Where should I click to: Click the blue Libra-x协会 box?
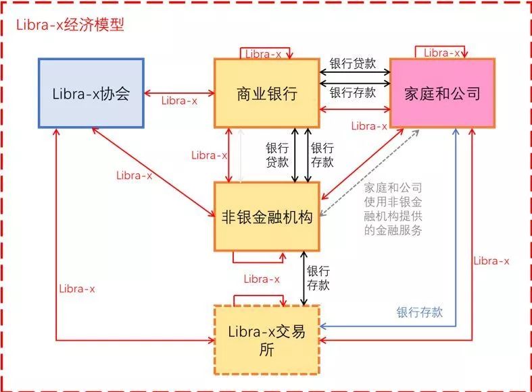pyautogui.click(x=91, y=93)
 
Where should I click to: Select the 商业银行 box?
pyautogui.click(x=267, y=93)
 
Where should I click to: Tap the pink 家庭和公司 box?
pyautogui.click(x=442, y=93)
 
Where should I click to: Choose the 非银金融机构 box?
pyautogui.click(x=267, y=217)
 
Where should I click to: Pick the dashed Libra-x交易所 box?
pyautogui.click(x=267, y=340)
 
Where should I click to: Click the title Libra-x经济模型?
pyautogui.click(x=70, y=25)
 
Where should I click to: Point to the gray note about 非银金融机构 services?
pyautogui.click(x=393, y=209)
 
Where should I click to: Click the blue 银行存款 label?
pyautogui.click(x=419, y=312)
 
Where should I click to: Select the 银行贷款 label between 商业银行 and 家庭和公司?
pyautogui.click(x=353, y=63)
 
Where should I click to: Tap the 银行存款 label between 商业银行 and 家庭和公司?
pyautogui.click(x=353, y=92)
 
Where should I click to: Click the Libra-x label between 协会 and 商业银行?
pyautogui.click(x=179, y=101)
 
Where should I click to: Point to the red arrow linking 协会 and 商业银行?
pyautogui.click(x=179, y=93)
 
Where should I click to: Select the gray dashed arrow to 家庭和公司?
pyautogui.click(x=370, y=173)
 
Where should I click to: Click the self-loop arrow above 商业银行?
pyautogui.click(x=265, y=48)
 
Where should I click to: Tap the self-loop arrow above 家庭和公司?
pyautogui.click(x=441, y=47)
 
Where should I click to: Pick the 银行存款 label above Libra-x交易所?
pyautogui.click(x=318, y=278)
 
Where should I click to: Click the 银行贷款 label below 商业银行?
pyautogui.click(x=277, y=155)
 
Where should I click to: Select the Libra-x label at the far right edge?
pyautogui.click(x=491, y=261)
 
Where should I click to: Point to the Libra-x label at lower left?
pyautogui.click(x=77, y=289)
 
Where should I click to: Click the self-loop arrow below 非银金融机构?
pyautogui.click(x=258, y=262)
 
